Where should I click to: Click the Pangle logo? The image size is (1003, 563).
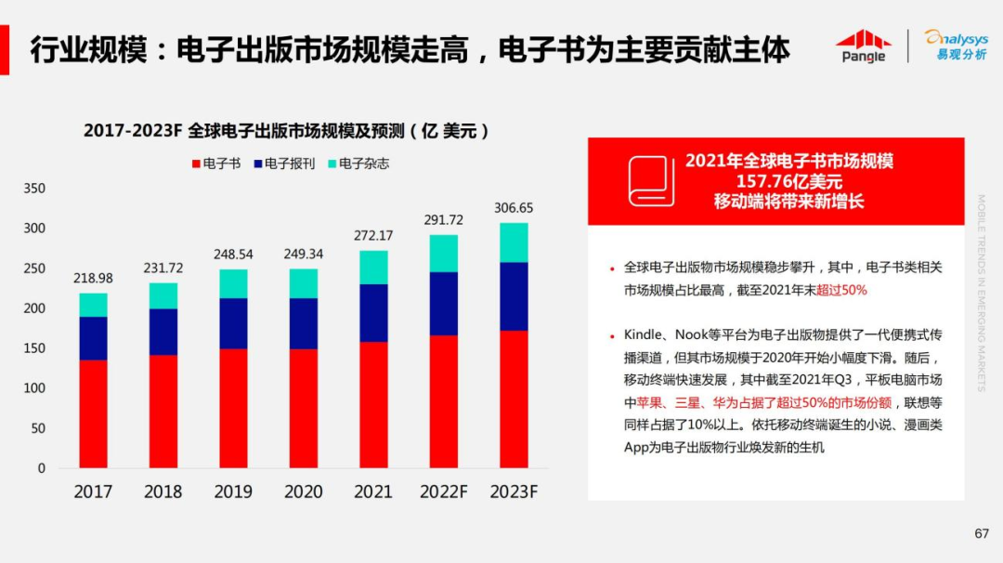point(863,46)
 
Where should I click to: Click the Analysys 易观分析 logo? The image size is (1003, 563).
point(956,45)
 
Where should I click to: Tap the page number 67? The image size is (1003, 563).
point(982,533)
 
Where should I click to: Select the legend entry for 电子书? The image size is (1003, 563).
point(215,164)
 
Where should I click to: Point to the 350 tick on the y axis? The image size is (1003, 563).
point(34,189)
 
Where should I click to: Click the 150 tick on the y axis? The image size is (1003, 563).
point(34,348)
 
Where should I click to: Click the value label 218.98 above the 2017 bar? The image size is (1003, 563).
point(93,279)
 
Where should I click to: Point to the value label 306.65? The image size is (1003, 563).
point(514,208)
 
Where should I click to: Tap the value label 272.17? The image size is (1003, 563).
point(373,236)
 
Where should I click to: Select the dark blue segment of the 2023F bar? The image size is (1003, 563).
point(514,296)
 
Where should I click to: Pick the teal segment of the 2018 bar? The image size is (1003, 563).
point(163,295)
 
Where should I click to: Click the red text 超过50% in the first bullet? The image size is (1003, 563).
point(841,290)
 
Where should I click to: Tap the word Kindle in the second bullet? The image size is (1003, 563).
point(644,334)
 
